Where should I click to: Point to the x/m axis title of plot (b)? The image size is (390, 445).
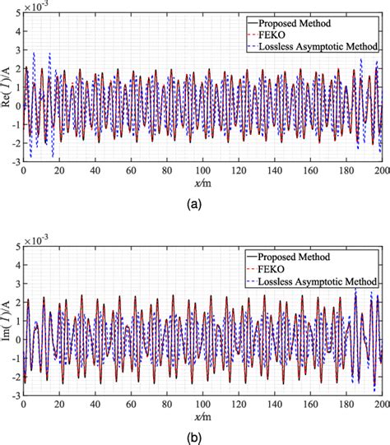[203, 418]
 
